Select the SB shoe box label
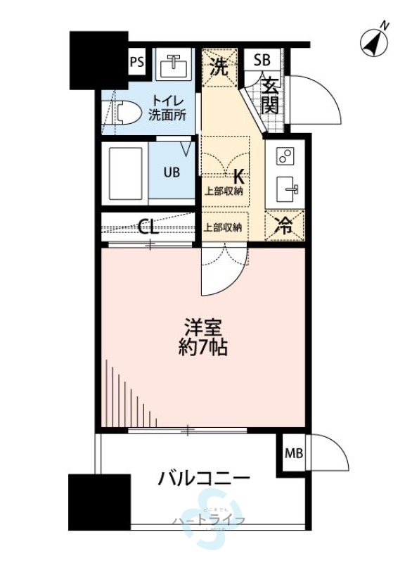pos(261,60)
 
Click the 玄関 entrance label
pos(271,96)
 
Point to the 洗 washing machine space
pos(220,68)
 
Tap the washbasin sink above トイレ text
pos(172,66)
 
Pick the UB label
pos(172,172)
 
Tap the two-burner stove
pos(286,156)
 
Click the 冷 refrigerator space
pos(285,227)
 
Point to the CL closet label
pos(147,227)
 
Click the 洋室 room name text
pos(204,328)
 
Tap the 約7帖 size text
pos(204,347)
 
